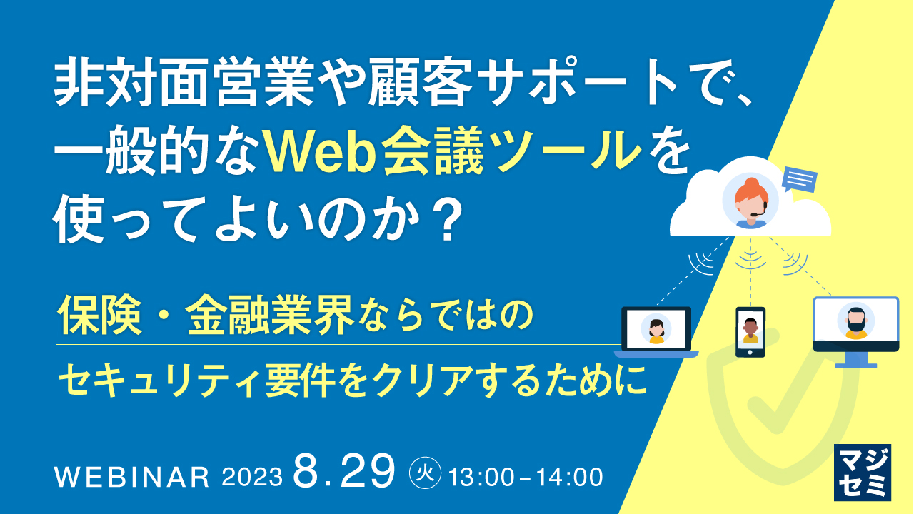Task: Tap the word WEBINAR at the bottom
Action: (132, 477)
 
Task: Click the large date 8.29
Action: (343, 471)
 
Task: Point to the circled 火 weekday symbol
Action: (425, 473)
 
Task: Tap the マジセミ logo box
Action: (863, 472)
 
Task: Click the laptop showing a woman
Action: (656, 331)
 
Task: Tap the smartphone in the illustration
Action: (750, 332)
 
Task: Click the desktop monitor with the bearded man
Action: (855, 325)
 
